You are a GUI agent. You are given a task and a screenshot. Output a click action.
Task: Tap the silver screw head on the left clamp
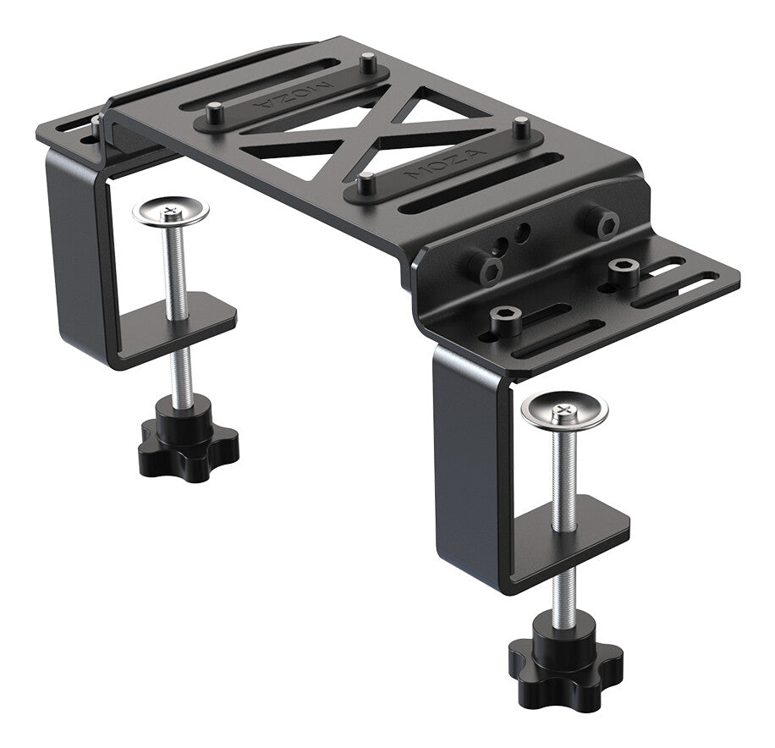coord(171,212)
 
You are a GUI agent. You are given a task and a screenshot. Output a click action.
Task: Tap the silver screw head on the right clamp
coord(564,410)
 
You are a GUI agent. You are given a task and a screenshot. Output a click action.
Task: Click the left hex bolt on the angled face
coord(486,269)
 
